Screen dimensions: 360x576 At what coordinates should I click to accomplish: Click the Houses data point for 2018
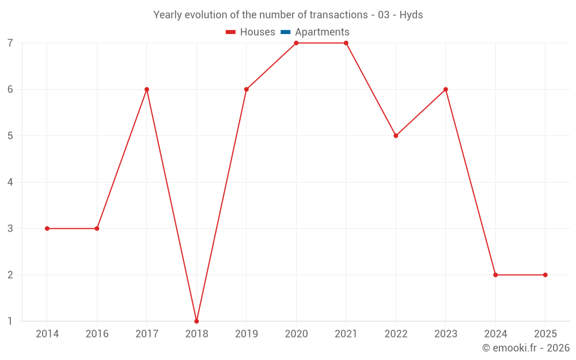(x=196, y=321)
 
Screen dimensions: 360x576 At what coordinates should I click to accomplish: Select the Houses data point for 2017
(x=147, y=89)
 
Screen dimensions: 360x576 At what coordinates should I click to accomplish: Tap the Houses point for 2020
(x=296, y=43)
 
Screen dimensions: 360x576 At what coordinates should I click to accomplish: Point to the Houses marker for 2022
(x=396, y=136)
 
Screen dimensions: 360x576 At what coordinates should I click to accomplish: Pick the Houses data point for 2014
(x=47, y=229)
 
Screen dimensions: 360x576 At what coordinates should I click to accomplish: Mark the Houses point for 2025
(x=545, y=275)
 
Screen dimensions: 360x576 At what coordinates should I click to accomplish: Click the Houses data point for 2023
(x=446, y=89)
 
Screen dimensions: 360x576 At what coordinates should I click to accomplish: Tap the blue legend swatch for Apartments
(x=285, y=32)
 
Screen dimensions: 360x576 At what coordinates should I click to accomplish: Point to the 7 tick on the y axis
(x=10, y=43)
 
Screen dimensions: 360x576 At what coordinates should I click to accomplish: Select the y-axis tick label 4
(x=10, y=183)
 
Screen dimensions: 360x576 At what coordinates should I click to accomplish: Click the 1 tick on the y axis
(x=10, y=321)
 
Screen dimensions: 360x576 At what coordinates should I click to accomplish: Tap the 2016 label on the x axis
(x=97, y=334)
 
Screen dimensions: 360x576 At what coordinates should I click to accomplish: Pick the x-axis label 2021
(x=346, y=334)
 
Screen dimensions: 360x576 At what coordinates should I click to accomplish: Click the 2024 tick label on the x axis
(x=495, y=334)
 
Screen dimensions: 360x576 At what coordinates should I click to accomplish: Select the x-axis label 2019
(x=247, y=334)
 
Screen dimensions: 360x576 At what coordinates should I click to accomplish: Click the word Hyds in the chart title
(x=411, y=15)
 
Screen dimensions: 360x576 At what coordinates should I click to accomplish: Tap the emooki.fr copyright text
(x=526, y=348)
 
